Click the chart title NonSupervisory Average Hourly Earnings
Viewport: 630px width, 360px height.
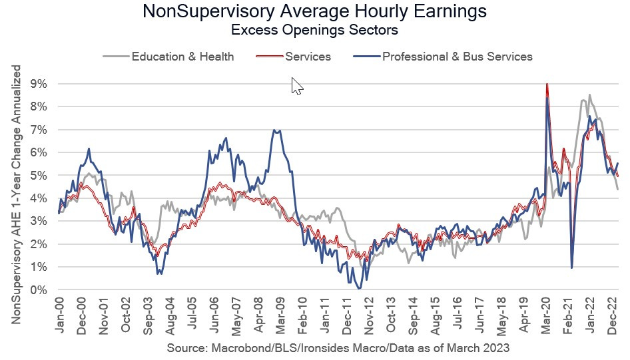pos(315,12)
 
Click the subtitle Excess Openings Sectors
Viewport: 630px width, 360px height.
pos(315,30)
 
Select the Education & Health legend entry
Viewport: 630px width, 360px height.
pos(182,57)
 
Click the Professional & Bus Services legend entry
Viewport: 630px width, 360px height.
pos(457,57)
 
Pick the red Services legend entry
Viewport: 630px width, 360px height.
pos(307,57)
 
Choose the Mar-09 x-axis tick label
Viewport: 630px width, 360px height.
pos(281,318)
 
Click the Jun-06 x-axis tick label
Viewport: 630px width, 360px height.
pos(215,318)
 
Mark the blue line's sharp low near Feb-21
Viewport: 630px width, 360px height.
pos(572,268)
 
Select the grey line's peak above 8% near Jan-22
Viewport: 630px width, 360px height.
pos(589,95)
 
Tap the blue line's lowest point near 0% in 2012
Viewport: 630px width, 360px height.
pos(359,288)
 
